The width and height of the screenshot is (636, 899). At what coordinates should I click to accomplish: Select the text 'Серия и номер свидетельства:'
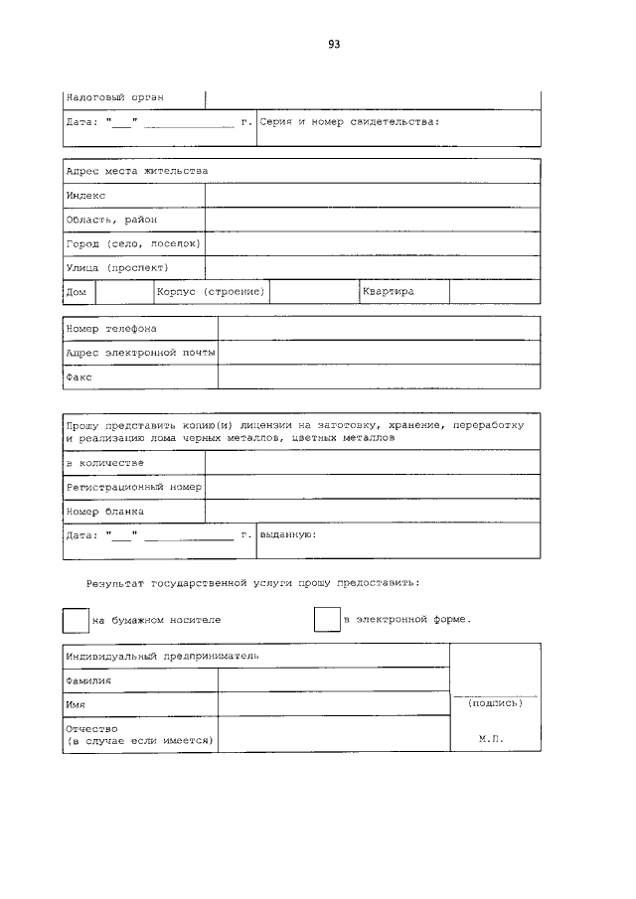point(349,122)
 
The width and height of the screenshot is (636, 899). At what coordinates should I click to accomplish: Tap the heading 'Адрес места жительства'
point(137,171)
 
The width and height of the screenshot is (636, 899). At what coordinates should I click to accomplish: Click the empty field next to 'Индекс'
point(373,196)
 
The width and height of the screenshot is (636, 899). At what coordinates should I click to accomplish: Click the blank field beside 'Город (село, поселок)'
point(373,243)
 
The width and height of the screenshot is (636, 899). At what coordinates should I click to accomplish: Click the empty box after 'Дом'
point(124,292)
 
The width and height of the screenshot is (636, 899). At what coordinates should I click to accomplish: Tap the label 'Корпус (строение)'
point(211,292)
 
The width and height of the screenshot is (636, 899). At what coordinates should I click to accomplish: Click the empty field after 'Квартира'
point(494,292)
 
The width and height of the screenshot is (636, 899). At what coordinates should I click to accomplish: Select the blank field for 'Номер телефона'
point(379,329)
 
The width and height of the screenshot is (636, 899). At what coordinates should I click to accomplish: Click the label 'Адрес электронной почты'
point(140,353)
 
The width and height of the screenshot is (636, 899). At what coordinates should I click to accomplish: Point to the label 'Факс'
point(79,377)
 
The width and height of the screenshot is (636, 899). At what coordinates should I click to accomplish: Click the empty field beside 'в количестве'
point(373,463)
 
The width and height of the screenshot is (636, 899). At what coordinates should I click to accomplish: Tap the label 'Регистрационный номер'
point(134,487)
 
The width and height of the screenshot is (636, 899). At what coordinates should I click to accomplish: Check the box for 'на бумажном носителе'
point(76,620)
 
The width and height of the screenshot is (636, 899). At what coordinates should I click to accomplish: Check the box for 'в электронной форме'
point(327,619)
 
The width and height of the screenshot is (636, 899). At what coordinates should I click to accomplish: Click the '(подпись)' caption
point(494,702)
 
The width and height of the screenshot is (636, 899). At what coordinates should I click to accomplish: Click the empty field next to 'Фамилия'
point(333,680)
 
